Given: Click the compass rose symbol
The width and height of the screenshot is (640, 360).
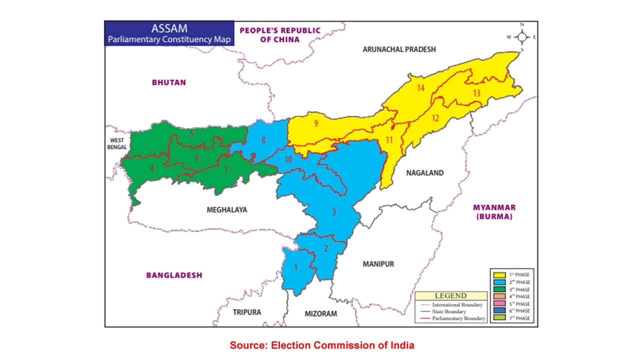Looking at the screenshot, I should click(522, 36).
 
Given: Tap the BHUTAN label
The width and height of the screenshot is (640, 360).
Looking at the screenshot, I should click(168, 82).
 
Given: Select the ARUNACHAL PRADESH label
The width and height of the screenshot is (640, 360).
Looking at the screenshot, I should click(399, 49).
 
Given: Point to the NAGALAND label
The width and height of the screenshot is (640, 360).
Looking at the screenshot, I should click(424, 173).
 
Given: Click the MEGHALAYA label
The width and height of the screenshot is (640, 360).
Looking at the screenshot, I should click(226, 210).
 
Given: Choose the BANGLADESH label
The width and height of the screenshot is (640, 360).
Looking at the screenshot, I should click(174, 275).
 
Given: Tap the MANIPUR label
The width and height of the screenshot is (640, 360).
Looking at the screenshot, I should click(378, 264).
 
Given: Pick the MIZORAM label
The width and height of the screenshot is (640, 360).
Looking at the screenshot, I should click(320, 313).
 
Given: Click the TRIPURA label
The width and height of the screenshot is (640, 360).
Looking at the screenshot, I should click(246, 312).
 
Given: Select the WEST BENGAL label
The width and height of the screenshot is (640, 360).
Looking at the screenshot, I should click(117, 143).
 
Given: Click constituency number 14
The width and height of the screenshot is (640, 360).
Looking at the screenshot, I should click(420, 88).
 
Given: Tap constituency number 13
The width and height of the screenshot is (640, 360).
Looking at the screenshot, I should click(476, 93).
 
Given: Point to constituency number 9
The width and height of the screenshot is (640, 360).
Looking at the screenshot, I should click(316, 124).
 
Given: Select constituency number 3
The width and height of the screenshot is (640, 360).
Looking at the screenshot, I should click(334, 212).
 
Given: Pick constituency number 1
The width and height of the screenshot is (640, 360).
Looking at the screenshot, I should click(295, 267).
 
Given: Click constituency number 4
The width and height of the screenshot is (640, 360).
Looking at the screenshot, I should click(152, 169).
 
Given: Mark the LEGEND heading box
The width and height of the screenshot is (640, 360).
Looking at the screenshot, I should click(450, 295).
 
